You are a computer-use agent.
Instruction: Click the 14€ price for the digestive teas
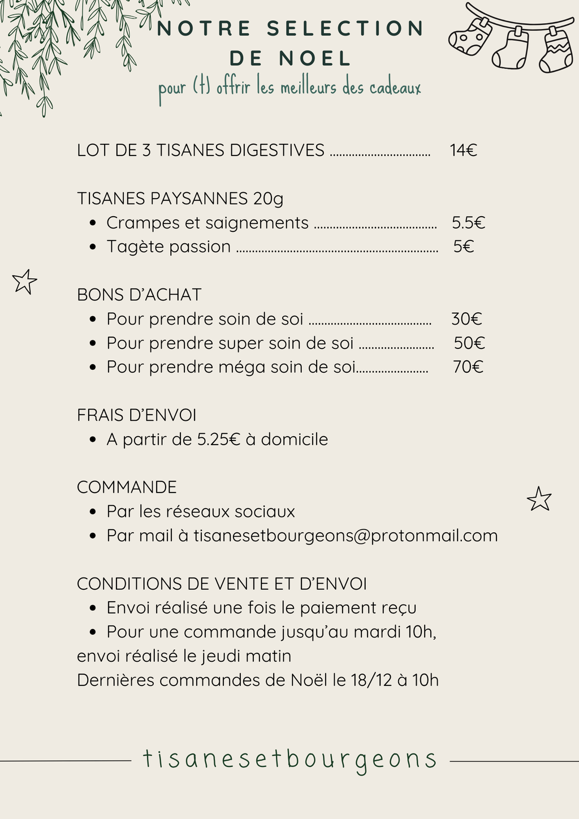(x=463, y=150)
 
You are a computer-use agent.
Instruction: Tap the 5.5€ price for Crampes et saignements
(x=468, y=223)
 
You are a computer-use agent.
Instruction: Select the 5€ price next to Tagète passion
(x=463, y=247)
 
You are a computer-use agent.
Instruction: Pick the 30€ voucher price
(x=466, y=319)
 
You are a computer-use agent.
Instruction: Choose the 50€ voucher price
(x=469, y=343)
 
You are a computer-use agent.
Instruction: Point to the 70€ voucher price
(x=468, y=367)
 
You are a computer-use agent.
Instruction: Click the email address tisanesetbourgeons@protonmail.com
(x=345, y=536)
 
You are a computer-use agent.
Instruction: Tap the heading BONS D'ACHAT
(x=139, y=295)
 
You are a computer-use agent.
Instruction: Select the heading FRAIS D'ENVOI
(x=137, y=415)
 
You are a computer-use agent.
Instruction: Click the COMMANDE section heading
(x=127, y=488)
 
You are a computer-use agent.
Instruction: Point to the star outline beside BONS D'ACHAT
(x=24, y=282)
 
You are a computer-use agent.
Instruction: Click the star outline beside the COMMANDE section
(x=539, y=499)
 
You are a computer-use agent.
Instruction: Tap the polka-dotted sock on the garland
(x=469, y=38)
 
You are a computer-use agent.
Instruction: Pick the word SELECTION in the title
(x=345, y=29)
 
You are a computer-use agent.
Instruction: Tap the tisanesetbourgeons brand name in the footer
(x=289, y=759)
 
